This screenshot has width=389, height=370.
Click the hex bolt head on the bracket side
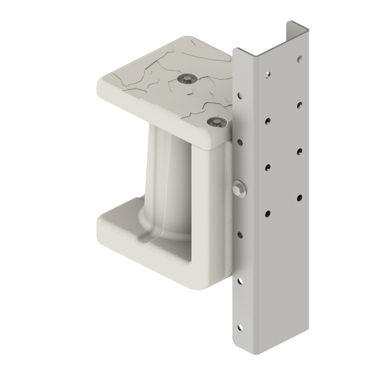point(238,189)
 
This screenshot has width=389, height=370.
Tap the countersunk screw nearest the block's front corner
point(216,122)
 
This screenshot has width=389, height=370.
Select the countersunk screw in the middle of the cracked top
point(189,78)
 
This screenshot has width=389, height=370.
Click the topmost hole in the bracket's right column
point(299,59)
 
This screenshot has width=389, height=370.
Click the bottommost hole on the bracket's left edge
point(240,327)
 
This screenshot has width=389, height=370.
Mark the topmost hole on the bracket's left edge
point(240,95)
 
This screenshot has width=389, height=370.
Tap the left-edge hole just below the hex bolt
point(240,234)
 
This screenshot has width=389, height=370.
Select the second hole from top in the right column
point(299,104)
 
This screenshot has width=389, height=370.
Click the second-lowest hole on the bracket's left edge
point(240,281)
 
